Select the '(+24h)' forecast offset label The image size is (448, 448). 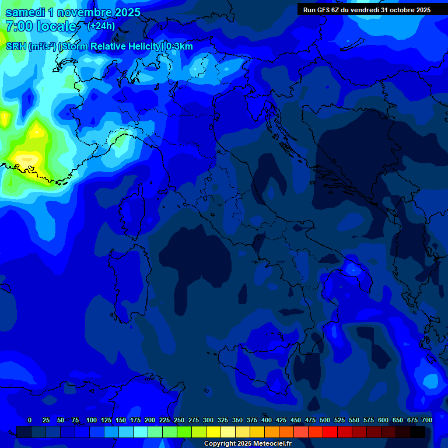click(x=101, y=26)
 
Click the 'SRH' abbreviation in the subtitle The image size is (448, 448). click(x=16, y=47)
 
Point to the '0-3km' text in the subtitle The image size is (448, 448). click(x=180, y=47)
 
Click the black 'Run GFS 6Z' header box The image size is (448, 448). click(x=366, y=10)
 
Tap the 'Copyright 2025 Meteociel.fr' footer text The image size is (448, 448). click(x=247, y=443)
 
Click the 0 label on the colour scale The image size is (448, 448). click(x=30, y=420)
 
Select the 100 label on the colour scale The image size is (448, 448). click(x=92, y=420)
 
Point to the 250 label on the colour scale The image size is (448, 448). click(x=179, y=420)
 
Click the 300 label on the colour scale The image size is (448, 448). click(x=208, y=420)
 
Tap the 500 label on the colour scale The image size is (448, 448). click(x=325, y=420)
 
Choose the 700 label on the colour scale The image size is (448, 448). click(x=426, y=420)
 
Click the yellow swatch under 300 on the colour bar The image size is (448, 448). click(x=213, y=432)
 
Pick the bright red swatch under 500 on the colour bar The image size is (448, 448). click(x=330, y=432)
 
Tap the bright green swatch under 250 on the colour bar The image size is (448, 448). click(x=184, y=432)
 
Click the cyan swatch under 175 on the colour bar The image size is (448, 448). click(x=141, y=432)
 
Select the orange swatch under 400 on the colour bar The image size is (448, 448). click(x=272, y=432)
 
